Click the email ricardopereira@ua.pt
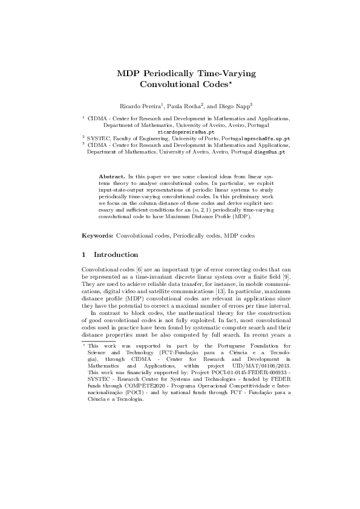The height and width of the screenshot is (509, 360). (x=186, y=131)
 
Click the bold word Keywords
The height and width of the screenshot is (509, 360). (x=97, y=234)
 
